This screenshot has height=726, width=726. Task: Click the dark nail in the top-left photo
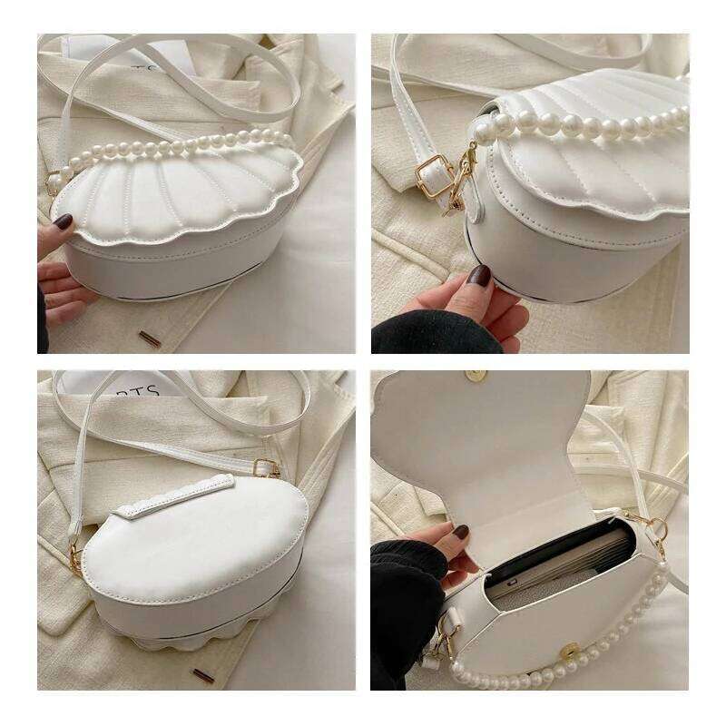63,221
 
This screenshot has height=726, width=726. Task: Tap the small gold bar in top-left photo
150,338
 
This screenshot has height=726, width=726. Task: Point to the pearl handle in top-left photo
172,145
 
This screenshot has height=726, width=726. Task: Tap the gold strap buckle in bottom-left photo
265,468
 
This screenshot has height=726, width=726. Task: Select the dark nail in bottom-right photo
461,532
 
